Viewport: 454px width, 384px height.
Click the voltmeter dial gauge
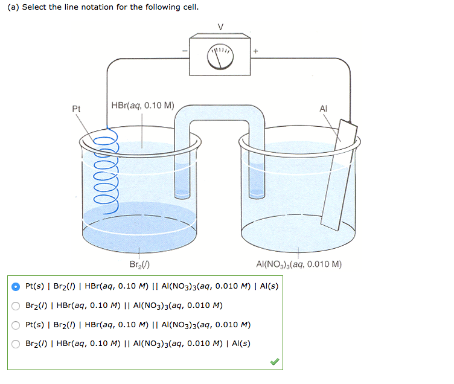pyautogui.click(x=220, y=56)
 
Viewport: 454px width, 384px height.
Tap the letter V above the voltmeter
pyautogui.click(x=220, y=26)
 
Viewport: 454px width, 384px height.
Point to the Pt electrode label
pyautogui.click(x=76, y=109)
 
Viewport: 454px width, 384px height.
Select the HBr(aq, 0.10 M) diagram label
pyautogui.click(x=143, y=105)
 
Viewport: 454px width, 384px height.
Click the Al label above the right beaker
pyautogui.click(x=324, y=109)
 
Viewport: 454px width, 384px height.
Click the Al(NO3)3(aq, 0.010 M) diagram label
pyautogui.click(x=299, y=264)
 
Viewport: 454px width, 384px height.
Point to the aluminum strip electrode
pyautogui.click(x=338, y=175)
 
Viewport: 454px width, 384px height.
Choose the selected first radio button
pyautogui.click(x=17, y=286)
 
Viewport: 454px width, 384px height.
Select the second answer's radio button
pyautogui.click(x=17, y=305)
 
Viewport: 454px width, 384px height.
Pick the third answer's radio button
pyautogui.click(x=17, y=324)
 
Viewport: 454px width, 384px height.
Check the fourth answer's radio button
pyautogui.click(x=17, y=344)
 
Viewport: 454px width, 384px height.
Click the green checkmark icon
pyautogui.click(x=274, y=362)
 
